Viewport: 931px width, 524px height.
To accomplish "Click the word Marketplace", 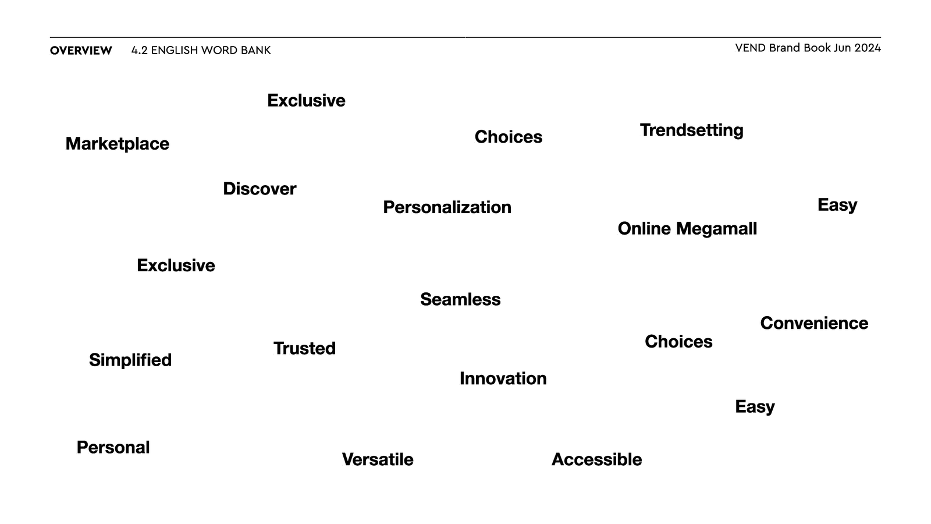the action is click(x=117, y=144).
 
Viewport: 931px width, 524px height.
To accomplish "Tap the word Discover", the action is click(x=260, y=189).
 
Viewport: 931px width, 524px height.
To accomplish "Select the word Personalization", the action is click(x=447, y=207).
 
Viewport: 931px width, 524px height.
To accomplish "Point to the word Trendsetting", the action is click(x=692, y=130).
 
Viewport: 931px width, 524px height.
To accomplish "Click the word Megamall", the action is click(x=716, y=229).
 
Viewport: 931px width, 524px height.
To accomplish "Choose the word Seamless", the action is click(x=460, y=299).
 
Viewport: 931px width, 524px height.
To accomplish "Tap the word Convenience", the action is click(x=814, y=323).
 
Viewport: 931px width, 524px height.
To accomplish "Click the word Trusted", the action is click(x=305, y=348).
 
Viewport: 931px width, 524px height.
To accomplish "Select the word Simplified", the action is click(x=130, y=360).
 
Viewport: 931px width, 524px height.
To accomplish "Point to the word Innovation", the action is click(x=503, y=378).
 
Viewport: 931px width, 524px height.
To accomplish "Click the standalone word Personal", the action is click(x=113, y=448).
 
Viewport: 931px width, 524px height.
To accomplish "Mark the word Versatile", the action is click(x=378, y=459).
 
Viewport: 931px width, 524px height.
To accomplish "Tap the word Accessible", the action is click(x=597, y=459).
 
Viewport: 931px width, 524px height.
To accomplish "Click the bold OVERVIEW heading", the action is click(x=81, y=50).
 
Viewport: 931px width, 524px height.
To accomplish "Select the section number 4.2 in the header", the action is click(x=139, y=50).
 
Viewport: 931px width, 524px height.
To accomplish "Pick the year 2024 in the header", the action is click(x=868, y=48).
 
